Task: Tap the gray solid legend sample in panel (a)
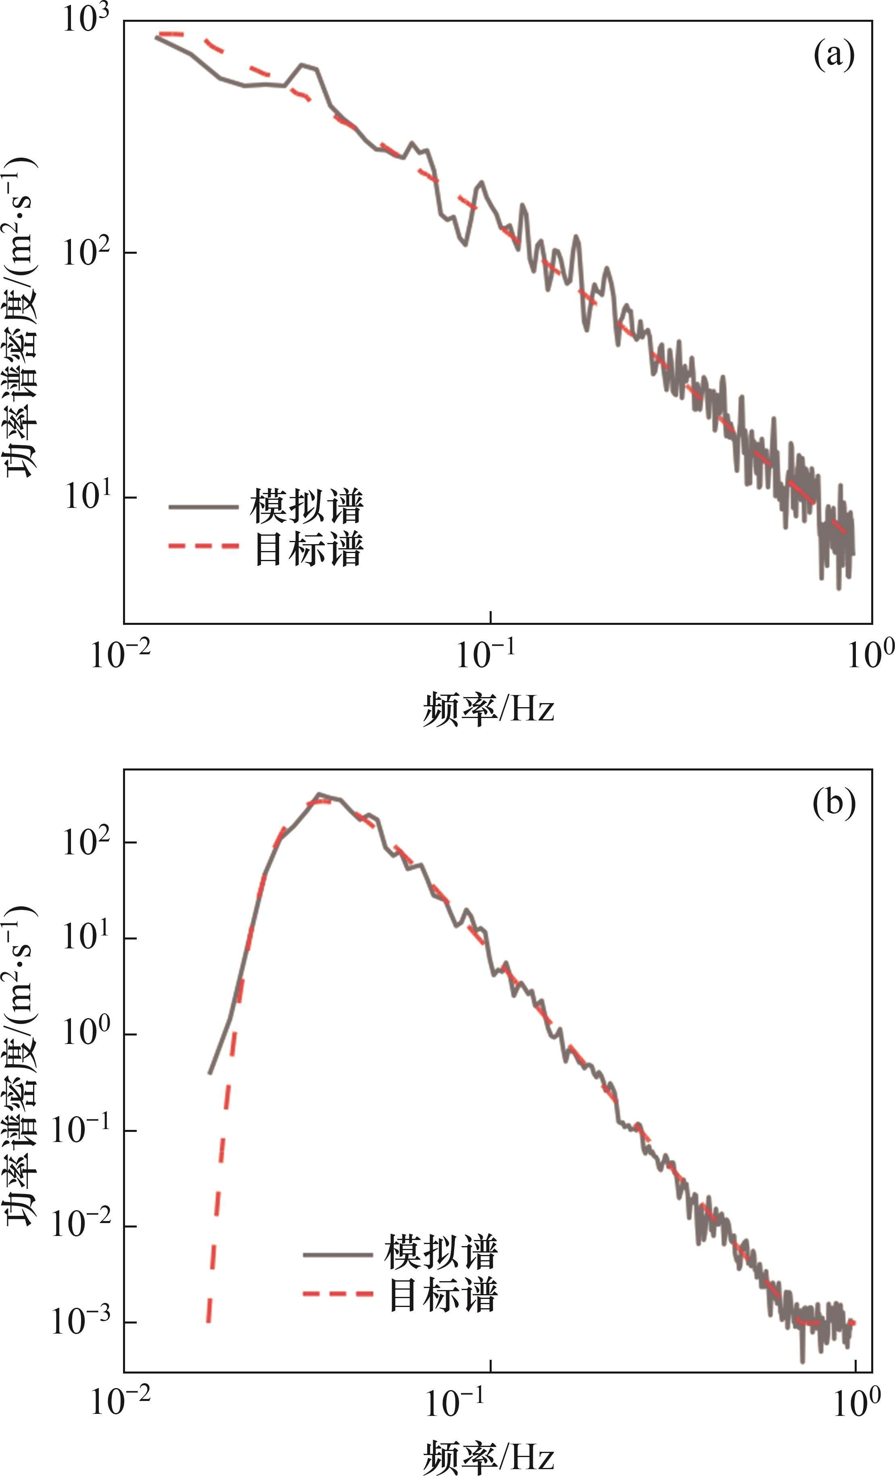[204, 507]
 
